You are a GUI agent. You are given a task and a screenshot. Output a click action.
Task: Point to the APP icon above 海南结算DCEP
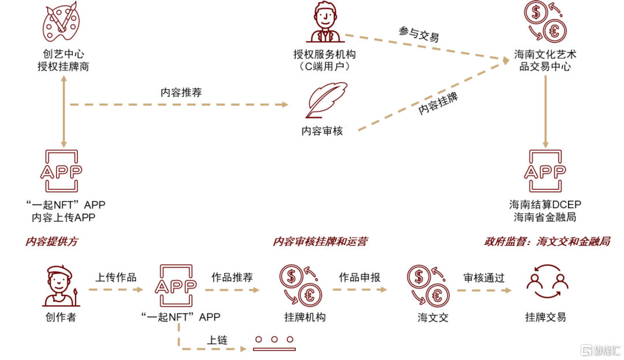coord(544,172)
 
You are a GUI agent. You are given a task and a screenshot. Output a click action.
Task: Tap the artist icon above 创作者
coord(61,285)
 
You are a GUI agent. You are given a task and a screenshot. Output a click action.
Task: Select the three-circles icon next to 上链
coord(274,343)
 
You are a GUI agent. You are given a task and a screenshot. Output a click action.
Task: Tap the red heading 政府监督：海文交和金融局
coord(547,242)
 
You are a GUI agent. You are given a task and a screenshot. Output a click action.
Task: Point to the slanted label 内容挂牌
coord(438,103)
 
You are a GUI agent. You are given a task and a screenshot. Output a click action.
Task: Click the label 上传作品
coord(116,277)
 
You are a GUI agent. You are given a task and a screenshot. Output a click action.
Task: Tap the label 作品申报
coord(359,277)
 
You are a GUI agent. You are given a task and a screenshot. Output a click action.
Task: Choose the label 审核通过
coord(484,277)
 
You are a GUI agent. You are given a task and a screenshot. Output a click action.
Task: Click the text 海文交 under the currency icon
coord(433,317)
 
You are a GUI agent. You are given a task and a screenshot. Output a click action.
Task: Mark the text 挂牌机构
coord(305,317)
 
